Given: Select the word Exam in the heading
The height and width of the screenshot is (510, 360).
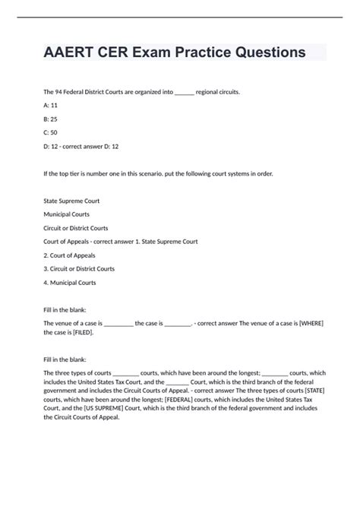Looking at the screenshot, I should pos(162,52).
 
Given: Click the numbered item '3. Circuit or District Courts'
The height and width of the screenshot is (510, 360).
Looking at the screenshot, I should pos(80,268).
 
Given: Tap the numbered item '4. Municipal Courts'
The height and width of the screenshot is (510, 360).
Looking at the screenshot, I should pos(71,282).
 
